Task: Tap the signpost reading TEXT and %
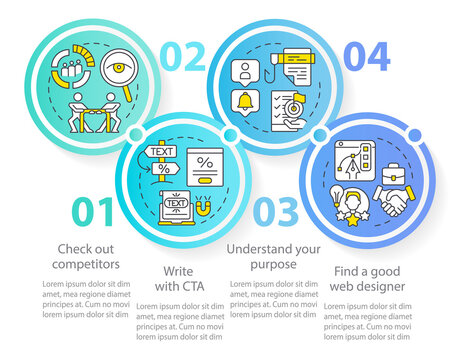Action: [x=159, y=161]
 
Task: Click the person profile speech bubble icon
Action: [x=244, y=71]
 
